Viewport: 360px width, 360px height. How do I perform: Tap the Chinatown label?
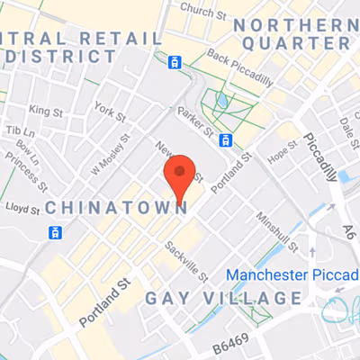pyautogui.click(x=116, y=208)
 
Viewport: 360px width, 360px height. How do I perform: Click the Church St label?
pyautogui.click(x=203, y=10)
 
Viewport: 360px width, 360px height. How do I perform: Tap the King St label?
pyautogui.click(x=42, y=111)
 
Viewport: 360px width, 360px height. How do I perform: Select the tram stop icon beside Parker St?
pyautogui.click(x=226, y=139)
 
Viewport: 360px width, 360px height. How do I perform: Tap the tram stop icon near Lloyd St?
pyautogui.click(x=56, y=232)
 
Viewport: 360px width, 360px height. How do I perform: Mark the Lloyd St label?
pyautogui.click(x=22, y=210)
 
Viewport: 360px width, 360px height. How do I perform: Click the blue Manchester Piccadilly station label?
pyautogui.click(x=292, y=274)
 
